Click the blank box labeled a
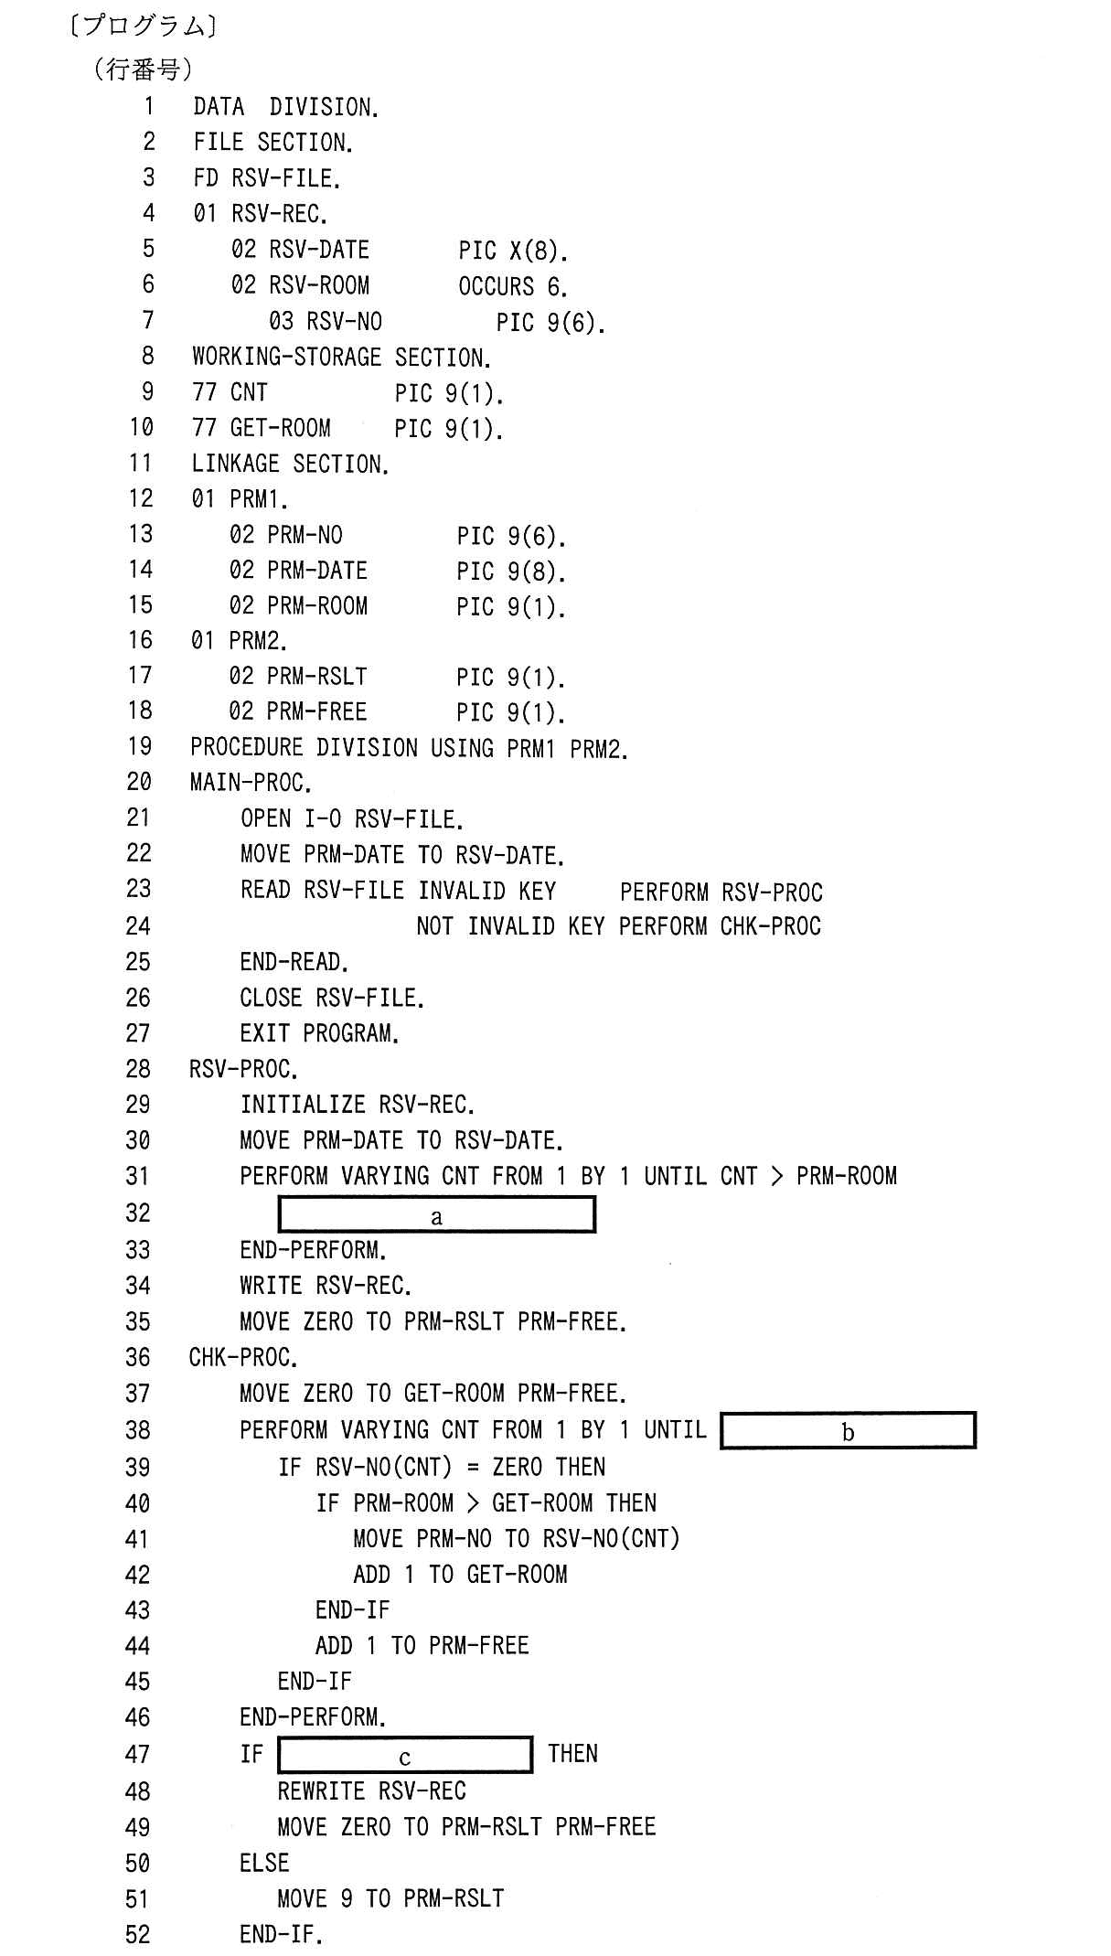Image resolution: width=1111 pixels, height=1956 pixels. coord(436,1214)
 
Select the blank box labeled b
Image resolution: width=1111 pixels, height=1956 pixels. coord(848,1431)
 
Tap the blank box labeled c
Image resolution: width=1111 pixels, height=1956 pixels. coord(405,1755)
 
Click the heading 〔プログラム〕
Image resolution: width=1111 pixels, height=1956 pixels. coord(143,26)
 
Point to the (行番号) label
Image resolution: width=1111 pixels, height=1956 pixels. coord(143,69)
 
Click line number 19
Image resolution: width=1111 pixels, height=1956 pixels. coord(140,747)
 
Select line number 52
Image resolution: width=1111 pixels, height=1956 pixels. coord(137,1934)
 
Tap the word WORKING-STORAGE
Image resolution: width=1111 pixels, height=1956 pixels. coord(286,357)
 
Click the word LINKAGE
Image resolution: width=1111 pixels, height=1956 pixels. coord(235,464)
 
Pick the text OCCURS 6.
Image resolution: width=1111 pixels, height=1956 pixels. coord(513,286)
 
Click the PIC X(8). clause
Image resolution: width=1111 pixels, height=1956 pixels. coord(513,251)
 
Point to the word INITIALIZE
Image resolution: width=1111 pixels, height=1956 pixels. coord(303,1105)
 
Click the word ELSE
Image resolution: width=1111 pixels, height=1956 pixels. coord(264,1863)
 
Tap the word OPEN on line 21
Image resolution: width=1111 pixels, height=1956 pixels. coord(265,818)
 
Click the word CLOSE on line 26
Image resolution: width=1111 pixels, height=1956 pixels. coord(271,998)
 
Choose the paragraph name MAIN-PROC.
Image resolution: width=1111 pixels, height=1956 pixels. coord(251,783)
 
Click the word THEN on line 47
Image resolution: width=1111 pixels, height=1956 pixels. coord(572,1754)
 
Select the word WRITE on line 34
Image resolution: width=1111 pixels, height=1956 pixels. coord(271,1286)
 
